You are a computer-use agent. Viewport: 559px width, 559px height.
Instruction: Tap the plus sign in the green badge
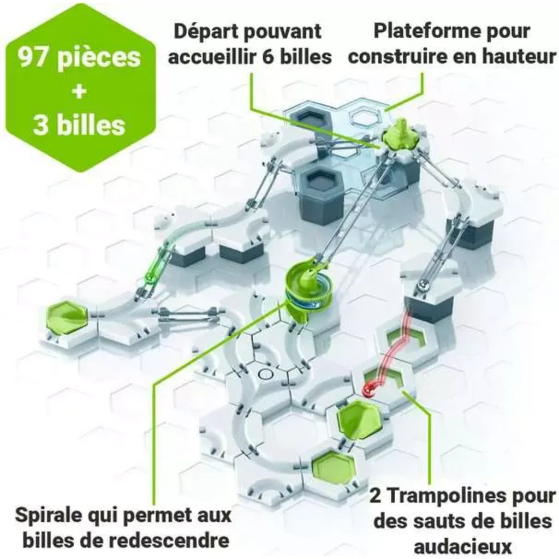click(x=79, y=92)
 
